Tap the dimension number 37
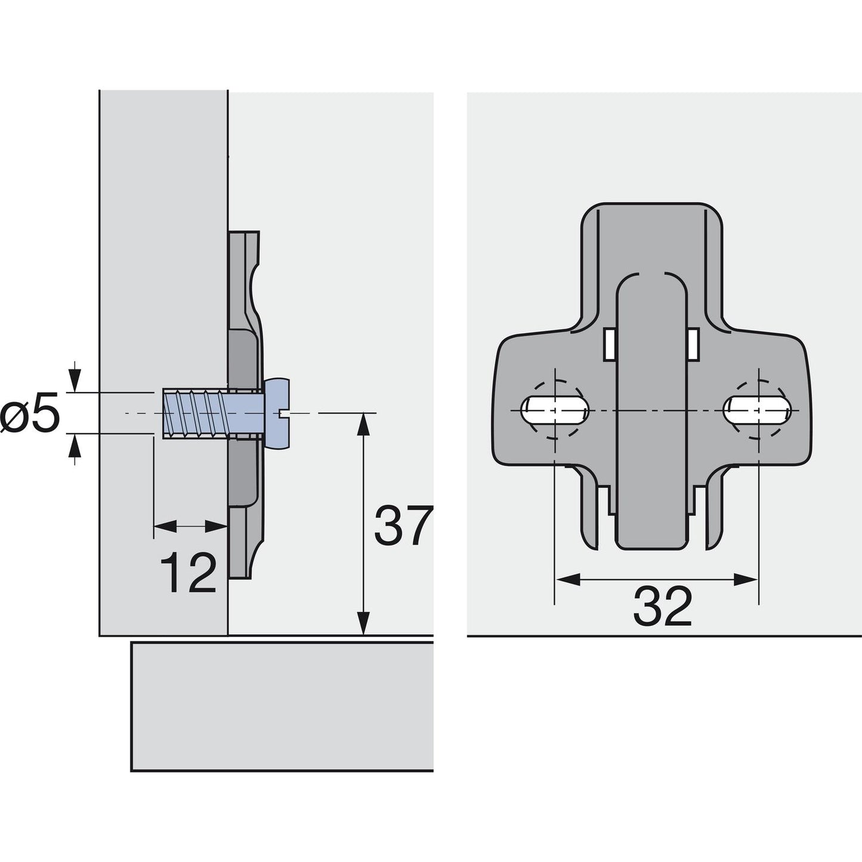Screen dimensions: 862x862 pos(402,526)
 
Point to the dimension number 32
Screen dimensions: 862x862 pos(662,606)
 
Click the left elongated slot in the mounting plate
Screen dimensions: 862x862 pos(555,410)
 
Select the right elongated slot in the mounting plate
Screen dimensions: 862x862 pos(758,410)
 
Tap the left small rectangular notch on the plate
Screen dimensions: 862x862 pos(609,345)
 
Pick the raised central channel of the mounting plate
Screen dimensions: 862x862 pos(650,418)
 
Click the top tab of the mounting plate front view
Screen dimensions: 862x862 pos(651,239)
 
